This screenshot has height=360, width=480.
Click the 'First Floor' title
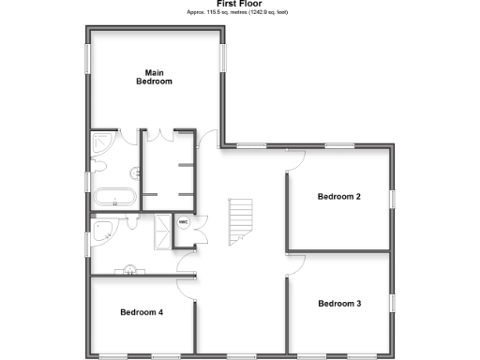pos(239,4)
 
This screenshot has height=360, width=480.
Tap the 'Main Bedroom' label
pos(155,77)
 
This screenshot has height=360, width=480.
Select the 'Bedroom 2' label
pos(338,197)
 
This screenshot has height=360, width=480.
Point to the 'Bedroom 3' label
pos(338,304)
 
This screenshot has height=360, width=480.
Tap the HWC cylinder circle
pos(184,224)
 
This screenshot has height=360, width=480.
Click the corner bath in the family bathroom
pos(104,230)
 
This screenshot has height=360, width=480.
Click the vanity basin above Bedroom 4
pos(128,272)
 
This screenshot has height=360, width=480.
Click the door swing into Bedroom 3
pos(294,263)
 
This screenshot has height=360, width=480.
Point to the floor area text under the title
pos(239,12)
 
